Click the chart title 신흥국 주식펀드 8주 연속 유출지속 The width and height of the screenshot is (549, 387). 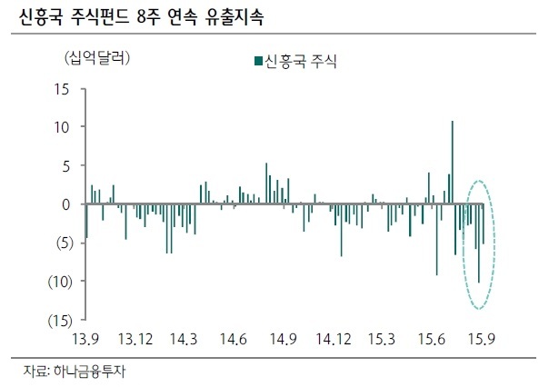(141, 16)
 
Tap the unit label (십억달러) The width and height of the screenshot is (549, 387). (97, 58)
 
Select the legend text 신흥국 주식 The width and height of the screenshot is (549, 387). (300, 61)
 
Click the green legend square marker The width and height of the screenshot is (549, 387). (259, 61)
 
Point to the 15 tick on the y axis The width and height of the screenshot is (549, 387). (62, 90)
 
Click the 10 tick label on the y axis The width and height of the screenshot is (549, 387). (62, 127)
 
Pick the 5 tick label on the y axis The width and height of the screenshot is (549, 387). (65, 166)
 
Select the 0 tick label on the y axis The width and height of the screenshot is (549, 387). (65, 204)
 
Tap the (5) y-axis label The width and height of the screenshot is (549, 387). (65, 243)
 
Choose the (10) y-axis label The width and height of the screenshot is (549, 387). (61, 282)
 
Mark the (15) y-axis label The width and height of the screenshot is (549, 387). (61, 320)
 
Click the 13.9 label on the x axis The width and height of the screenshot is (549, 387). (85, 339)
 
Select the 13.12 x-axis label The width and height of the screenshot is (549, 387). (135, 339)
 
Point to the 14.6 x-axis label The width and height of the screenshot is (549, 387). (234, 339)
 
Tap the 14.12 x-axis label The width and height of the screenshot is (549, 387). (334, 339)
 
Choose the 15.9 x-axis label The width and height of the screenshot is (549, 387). (482, 339)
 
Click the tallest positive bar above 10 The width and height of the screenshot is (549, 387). (453, 163)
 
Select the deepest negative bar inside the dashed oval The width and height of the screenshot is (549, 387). (479, 243)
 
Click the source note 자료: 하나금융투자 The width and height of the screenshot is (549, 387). (75, 372)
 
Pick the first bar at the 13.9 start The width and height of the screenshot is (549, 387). (87, 221)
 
